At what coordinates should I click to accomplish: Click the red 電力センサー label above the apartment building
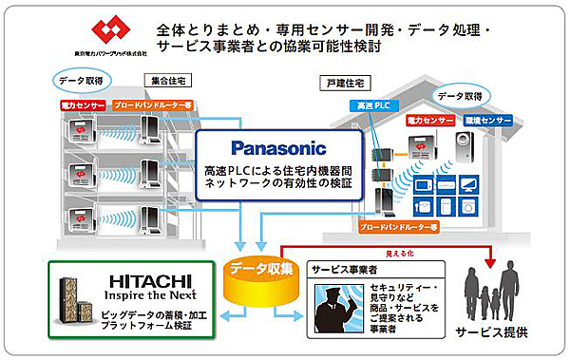(83, 104)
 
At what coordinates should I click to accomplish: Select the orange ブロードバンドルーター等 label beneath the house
(419, 228)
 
